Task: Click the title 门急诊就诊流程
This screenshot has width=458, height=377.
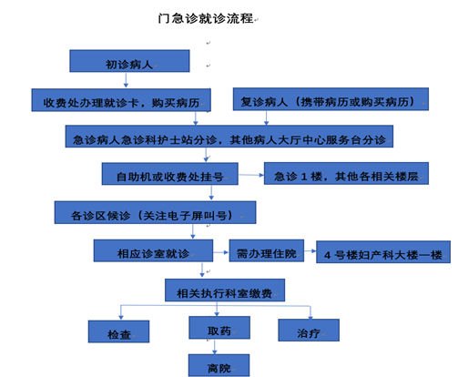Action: [206, 18]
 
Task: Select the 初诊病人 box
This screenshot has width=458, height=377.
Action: [129, 61]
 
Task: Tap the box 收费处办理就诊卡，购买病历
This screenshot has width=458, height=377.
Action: [121, 100]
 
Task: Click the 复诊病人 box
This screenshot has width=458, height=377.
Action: [331, 99]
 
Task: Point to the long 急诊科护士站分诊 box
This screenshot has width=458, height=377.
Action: [229, 137]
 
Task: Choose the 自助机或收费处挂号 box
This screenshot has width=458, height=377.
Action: [170, 174]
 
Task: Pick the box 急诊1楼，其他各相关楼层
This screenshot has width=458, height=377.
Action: [346, 173]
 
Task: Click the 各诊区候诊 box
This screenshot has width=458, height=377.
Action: [155, 212]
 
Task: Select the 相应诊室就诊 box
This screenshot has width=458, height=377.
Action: [153, 250]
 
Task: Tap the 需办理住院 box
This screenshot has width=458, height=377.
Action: [267, 250]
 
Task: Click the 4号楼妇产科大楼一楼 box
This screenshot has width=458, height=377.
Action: [383, 252]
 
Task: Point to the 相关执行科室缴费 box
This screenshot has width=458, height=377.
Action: [225, 290]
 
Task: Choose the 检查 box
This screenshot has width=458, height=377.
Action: [118, 331]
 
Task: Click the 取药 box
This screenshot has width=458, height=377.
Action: [219, 328]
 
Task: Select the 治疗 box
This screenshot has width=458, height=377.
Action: [309, 330]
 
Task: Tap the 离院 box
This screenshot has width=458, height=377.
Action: [219, 365]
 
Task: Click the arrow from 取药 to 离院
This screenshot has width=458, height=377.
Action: [215, 347]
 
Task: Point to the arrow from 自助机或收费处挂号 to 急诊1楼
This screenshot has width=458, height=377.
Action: [251, 175]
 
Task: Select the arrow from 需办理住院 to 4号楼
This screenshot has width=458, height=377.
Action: [310, 251]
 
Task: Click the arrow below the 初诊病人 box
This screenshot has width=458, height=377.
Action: [126, 80]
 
